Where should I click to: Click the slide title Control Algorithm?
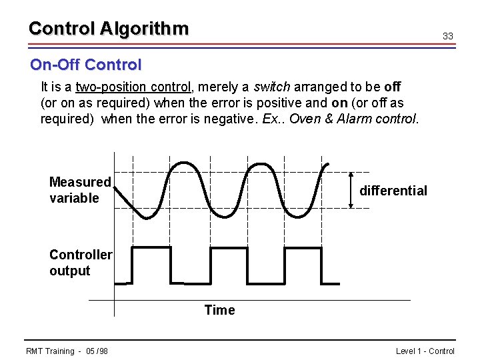point(109,29)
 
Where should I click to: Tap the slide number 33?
point(448,36)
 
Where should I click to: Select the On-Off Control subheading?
point(85,65)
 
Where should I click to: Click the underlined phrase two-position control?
point(133,87)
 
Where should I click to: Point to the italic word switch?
point(272,87)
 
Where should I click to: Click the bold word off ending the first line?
point(393,87)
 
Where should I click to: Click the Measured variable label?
point(79,190)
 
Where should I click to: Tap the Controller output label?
point(80,263)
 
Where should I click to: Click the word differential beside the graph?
point(393,191)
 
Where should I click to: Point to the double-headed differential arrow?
point(352,190)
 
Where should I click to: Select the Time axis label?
point(219,310)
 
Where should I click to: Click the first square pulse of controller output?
point(152,263)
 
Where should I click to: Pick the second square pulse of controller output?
point(229,263)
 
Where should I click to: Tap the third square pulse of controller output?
point(303,263)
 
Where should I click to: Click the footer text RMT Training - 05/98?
point(67,351)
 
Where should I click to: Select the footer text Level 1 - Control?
point(425,351)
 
